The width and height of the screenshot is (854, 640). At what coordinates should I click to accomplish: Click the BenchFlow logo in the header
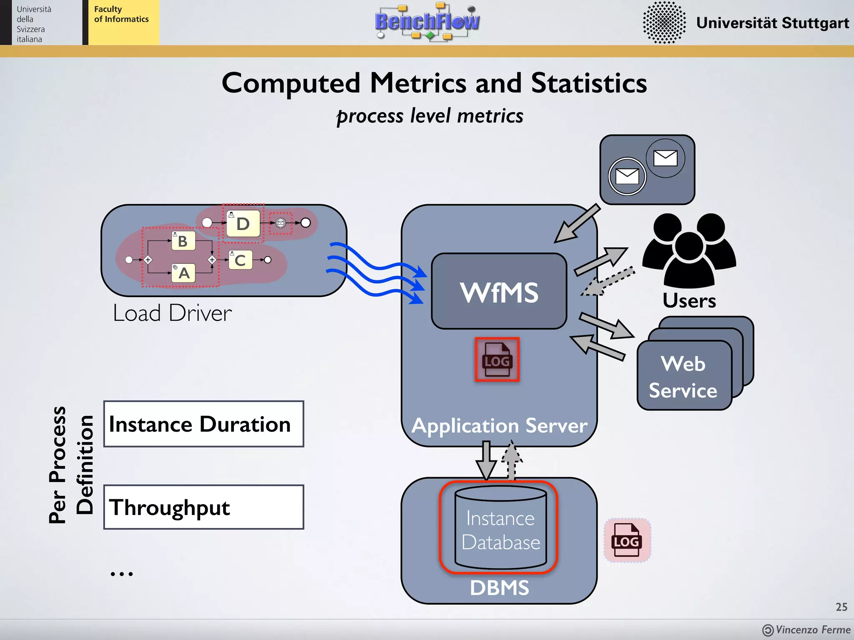427,22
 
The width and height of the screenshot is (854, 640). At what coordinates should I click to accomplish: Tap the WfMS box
499,292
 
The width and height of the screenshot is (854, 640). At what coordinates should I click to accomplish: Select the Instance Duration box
203,424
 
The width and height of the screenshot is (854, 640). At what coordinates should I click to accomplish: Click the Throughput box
203,507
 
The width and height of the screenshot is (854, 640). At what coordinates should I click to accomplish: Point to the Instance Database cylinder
500,528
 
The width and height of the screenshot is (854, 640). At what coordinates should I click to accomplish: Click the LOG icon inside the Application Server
497,360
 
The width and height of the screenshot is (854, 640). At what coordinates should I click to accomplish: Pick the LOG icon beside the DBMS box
627,540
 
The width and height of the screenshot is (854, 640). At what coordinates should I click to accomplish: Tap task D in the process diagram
243,224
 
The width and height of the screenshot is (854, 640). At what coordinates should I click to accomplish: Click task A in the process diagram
183,273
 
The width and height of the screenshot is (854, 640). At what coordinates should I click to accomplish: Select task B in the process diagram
183,241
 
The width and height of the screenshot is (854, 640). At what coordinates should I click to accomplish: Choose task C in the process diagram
240,260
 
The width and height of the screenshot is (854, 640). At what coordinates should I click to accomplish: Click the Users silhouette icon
689,250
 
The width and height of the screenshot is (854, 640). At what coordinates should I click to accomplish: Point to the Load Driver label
172,313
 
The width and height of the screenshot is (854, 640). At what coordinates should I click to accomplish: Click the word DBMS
499,588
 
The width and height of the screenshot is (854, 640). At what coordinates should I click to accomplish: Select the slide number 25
841,607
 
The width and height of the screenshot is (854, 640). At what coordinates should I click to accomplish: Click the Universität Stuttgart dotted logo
664,22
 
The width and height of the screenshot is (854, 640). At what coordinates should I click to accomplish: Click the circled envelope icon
627,176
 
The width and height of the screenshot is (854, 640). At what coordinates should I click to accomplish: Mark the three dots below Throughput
121,574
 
